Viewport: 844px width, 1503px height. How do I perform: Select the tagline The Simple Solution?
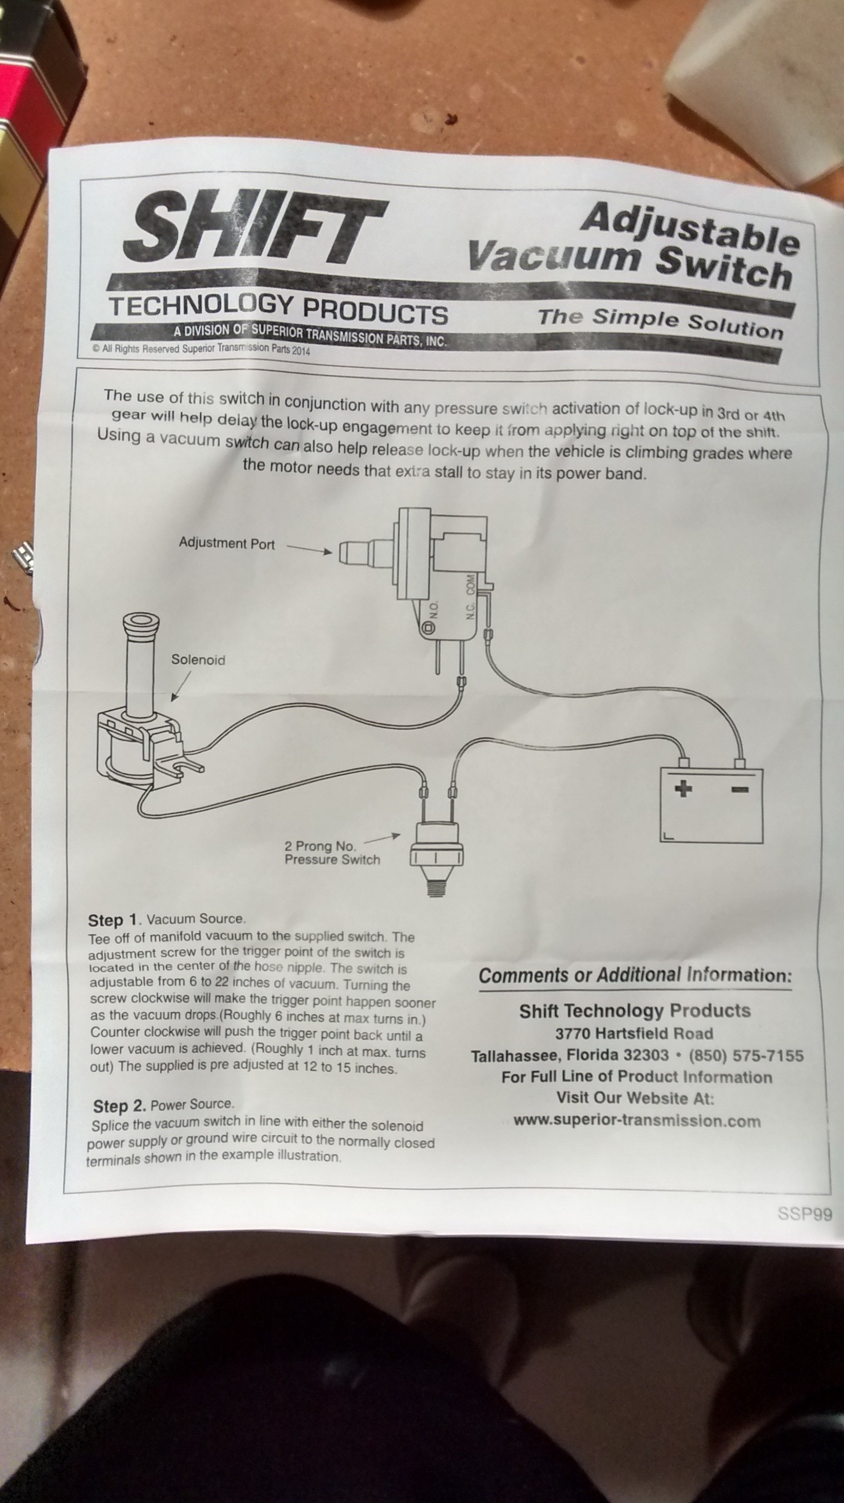[660, 321]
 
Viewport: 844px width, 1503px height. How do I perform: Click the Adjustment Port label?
[226, 543]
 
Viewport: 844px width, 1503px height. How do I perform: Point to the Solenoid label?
[198, 659]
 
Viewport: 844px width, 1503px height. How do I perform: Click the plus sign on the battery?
[683, 789]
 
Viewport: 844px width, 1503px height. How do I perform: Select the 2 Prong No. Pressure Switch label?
[332, 852]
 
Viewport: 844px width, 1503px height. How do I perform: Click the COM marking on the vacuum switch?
[471, 584]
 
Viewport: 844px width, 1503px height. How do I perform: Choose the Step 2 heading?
[119, 1106]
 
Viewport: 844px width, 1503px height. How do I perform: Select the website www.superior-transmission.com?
[637, 1121]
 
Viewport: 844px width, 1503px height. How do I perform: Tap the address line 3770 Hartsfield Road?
[634, 1033]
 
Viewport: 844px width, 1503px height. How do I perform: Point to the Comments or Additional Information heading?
[635, 975]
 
